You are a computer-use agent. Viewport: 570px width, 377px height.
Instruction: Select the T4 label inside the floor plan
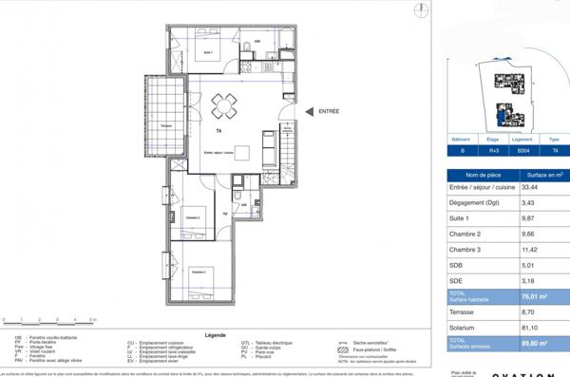pyautogui.click(x=218, y=130)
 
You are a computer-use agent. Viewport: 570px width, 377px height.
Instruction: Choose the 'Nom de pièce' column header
pyautogui.click(x=483, y=174)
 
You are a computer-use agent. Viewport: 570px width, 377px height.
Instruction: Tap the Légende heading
pyautogui.click(x=216, y=335)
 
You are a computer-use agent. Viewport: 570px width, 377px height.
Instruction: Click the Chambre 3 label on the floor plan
pyautogui.click(x=199, y=272)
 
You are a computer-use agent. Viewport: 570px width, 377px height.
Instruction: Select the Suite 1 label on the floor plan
pyautogui.click(x=207, y=53)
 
